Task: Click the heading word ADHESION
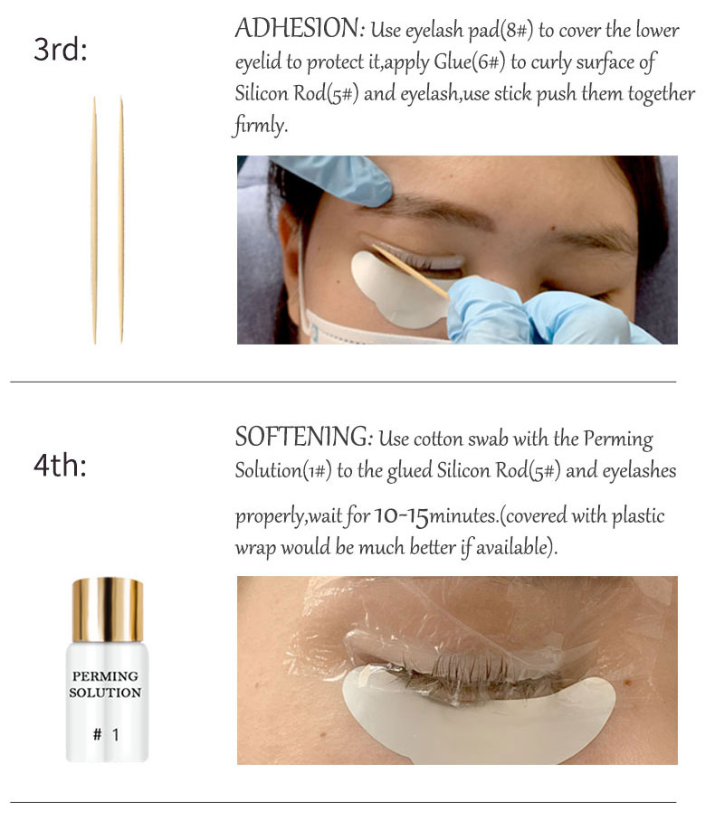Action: pyautogui.click(x=296, y=28)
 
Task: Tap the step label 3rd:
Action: pyautogui.click(x=61, y=49)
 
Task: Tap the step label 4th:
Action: pyautogui.click(x=60, y=465)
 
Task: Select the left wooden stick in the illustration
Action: pyautogui.click(x=94, y=220)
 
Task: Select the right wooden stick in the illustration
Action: pyautogui.click(x=121, y=220)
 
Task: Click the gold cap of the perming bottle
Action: pyautogui.click(x=108, y=610)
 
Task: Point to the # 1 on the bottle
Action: pyautogui.click(x=106, y=734)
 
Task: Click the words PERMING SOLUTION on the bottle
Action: pyautogui.click(x=105, y=684)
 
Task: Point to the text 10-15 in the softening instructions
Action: pyautogui.click(x=401, y=516)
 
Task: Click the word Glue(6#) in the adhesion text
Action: pyautogui.click(x=470, y=62)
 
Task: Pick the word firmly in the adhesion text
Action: pyautogui.click(x=260, y=125)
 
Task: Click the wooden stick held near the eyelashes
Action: pyautogui.click(x=410, y=270)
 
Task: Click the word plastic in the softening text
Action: pyautogui.click(x=638, y=516)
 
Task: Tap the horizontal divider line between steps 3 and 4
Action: pyautogui.click(x=343, y=382)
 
